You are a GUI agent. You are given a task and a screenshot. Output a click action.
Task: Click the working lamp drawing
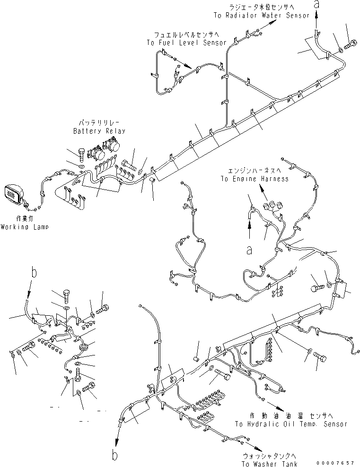point(13,195)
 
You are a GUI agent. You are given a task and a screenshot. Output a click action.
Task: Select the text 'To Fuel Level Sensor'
point(186,43)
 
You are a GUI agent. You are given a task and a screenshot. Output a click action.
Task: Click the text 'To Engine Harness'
point(254,179)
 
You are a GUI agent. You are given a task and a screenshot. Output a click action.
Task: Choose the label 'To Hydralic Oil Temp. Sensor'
point(290,424)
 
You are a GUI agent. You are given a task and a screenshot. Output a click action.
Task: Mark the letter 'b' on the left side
point(34,272)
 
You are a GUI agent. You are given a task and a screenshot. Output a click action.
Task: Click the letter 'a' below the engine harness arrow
point(249,250)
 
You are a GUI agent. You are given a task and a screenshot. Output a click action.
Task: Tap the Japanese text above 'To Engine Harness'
point(254,171)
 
